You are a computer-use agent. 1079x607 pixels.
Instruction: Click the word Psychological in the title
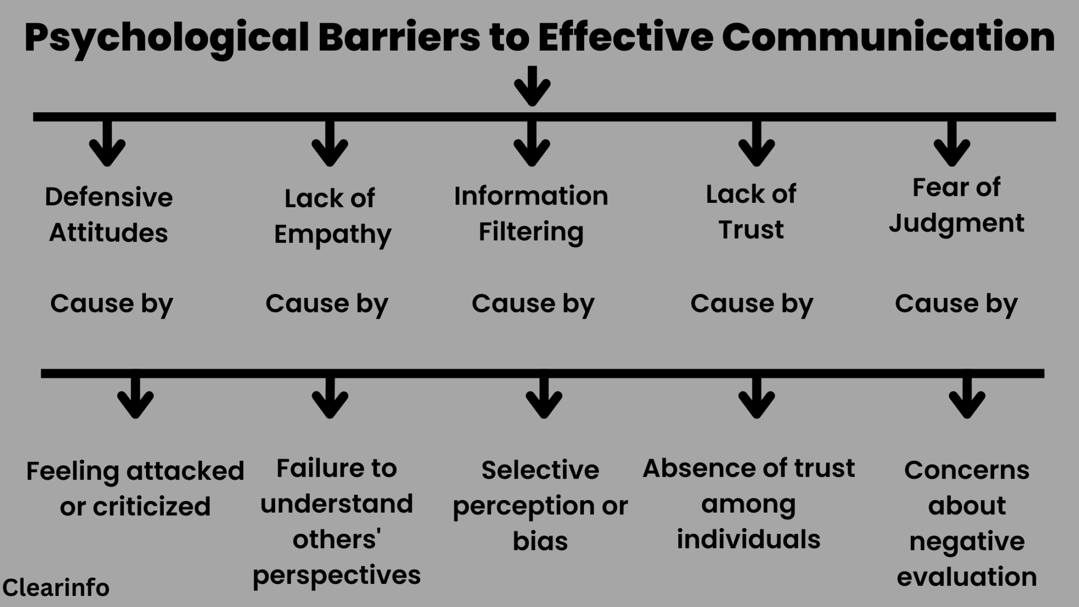click(x=166, y=38)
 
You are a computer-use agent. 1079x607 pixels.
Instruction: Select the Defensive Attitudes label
click(x=109, y=214)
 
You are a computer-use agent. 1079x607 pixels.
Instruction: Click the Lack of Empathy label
click(x=331, y=216)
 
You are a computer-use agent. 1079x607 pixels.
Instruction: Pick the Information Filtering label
click(x=531, y=213)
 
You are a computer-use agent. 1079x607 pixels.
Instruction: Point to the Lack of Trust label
click(x=751, y=212)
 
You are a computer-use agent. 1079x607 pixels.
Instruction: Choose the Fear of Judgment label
click(x=956, y=205)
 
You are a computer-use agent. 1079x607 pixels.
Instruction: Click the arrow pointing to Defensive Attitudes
click(x=107, y=144)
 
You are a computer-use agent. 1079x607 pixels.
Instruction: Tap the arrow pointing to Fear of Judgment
click(x=952, y=144)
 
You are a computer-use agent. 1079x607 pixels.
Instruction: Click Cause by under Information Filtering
click(x=533, y=304)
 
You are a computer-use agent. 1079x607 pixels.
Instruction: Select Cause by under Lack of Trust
click(x=752, y=304)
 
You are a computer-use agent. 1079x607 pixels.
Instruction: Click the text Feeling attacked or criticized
click(x=135, y=488)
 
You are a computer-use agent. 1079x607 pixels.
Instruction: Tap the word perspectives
click(x=336, y=575)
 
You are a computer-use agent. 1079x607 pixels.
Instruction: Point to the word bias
click(x=540, y=541)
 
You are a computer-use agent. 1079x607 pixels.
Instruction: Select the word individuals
click(x=748, y=540)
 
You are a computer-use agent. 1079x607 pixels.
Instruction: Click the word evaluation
click(x=967, y=577)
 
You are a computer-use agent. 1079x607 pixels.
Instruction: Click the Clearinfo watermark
click(x=56, y=588)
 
